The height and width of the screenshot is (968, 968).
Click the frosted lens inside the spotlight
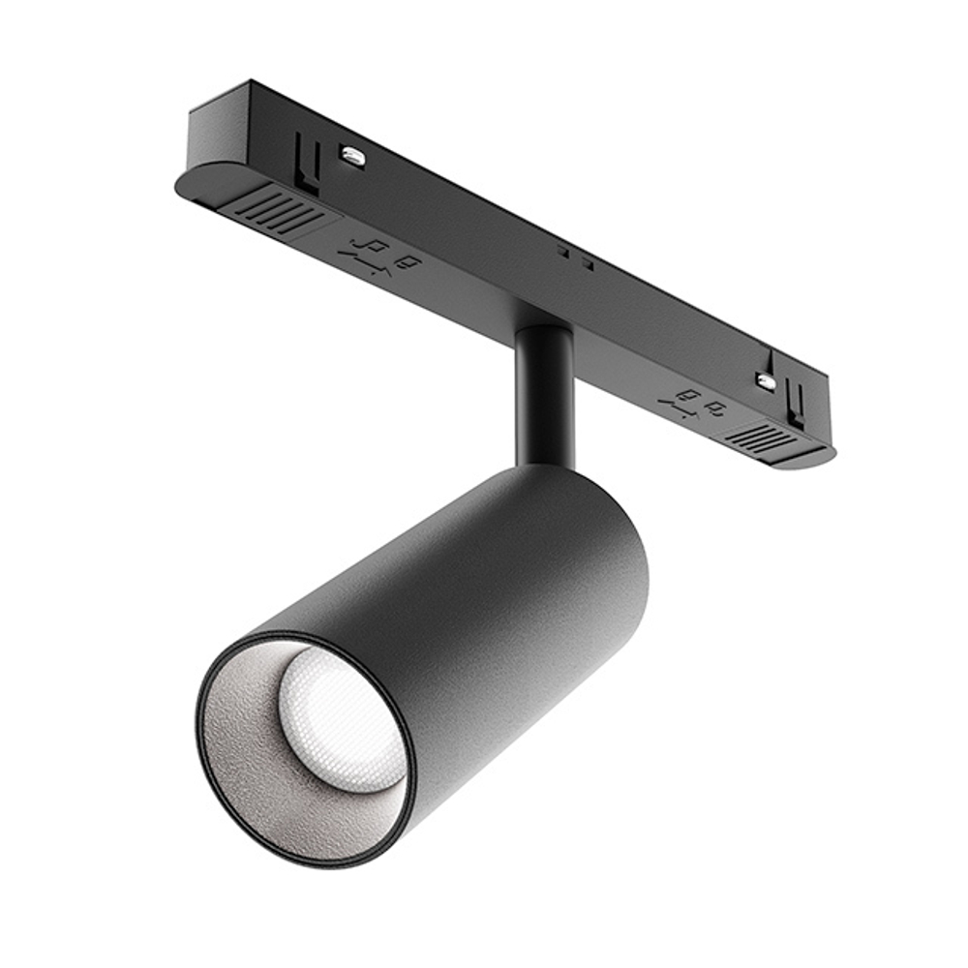(334, 718)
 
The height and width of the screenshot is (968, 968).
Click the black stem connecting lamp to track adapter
(544, 397)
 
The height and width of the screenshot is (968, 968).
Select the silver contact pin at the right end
(765, 379)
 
